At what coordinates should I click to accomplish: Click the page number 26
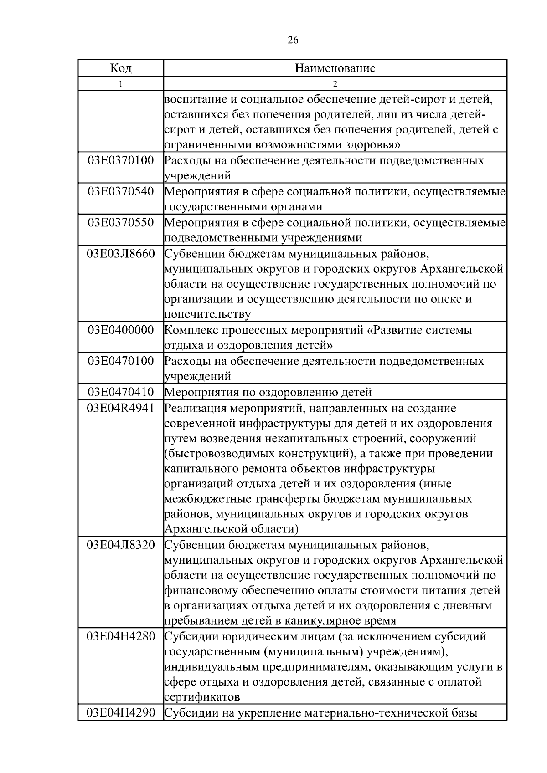[x=293, y=41]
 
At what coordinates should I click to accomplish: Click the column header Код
[x=121, y=68]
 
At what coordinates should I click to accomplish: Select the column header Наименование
[x=335, y=68]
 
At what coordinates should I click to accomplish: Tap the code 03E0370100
[x=121, y=160]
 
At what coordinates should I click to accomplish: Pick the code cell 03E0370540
[x=121, y=191]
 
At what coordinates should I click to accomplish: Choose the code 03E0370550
[x=121, y=222]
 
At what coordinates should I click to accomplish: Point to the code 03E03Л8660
[x=121, y=253]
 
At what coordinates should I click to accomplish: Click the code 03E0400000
[x=121, y=330]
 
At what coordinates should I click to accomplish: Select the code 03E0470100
[x=121, y=361]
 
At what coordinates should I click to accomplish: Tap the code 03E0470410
[x=121, y=392]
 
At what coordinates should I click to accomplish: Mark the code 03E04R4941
[x=121, y=408]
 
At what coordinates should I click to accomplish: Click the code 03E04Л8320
[x=121, y=545]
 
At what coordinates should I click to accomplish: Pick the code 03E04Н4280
[x=121, y=636]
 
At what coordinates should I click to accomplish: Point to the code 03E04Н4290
[x=121, y=712]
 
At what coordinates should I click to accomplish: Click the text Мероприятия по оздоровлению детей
[x=268, y=392]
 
